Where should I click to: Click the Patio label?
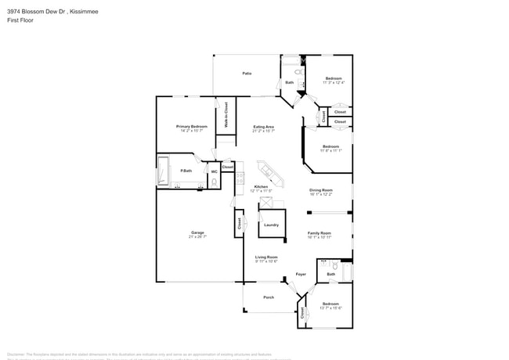coord(247,74)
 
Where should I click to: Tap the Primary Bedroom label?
coord(192,126)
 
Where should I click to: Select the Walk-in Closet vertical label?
coord(226,115)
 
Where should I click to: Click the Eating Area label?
coord(263,127)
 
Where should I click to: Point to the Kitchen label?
coord(261,186)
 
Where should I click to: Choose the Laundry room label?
coord(271,225)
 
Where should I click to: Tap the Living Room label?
coord(266,257)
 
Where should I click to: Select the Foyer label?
coord(301,275)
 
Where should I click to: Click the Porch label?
coord(269,297)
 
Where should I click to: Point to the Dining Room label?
coord(320,190)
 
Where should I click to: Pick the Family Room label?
coord(319,232)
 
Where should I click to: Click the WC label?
coord(213,171)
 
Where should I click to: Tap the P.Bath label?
coord(186,171)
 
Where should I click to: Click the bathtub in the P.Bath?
coord(164,171)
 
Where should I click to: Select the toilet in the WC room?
coord(213,183)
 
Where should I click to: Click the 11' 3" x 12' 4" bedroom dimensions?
coord(334,83)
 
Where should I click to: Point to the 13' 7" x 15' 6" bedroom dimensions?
coord(330,308)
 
